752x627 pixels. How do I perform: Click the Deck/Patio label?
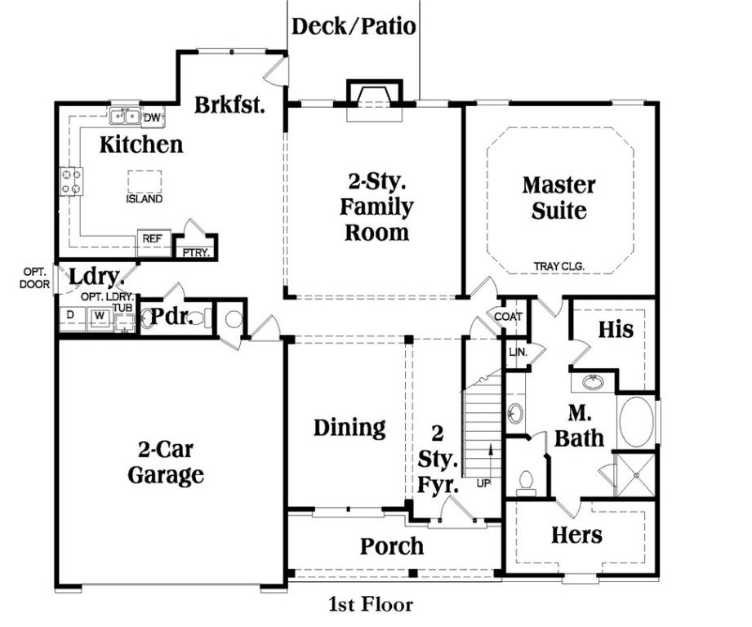pos(354,26)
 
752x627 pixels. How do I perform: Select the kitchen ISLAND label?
pos(144,198)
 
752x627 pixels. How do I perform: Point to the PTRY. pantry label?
pos(196,252)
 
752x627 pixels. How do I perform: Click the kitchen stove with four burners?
pos(72,181)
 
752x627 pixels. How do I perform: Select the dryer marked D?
pos(70,314)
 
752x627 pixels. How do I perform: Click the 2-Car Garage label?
pos(165,462)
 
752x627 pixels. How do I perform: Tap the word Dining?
pos(349,427)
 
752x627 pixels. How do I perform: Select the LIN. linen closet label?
pos(517,352)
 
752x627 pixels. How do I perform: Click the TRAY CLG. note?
pos(559,266)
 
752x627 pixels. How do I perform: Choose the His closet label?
pos(616,330)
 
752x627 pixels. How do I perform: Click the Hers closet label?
pos(576,536)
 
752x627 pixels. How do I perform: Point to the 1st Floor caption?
pos(372,605)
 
